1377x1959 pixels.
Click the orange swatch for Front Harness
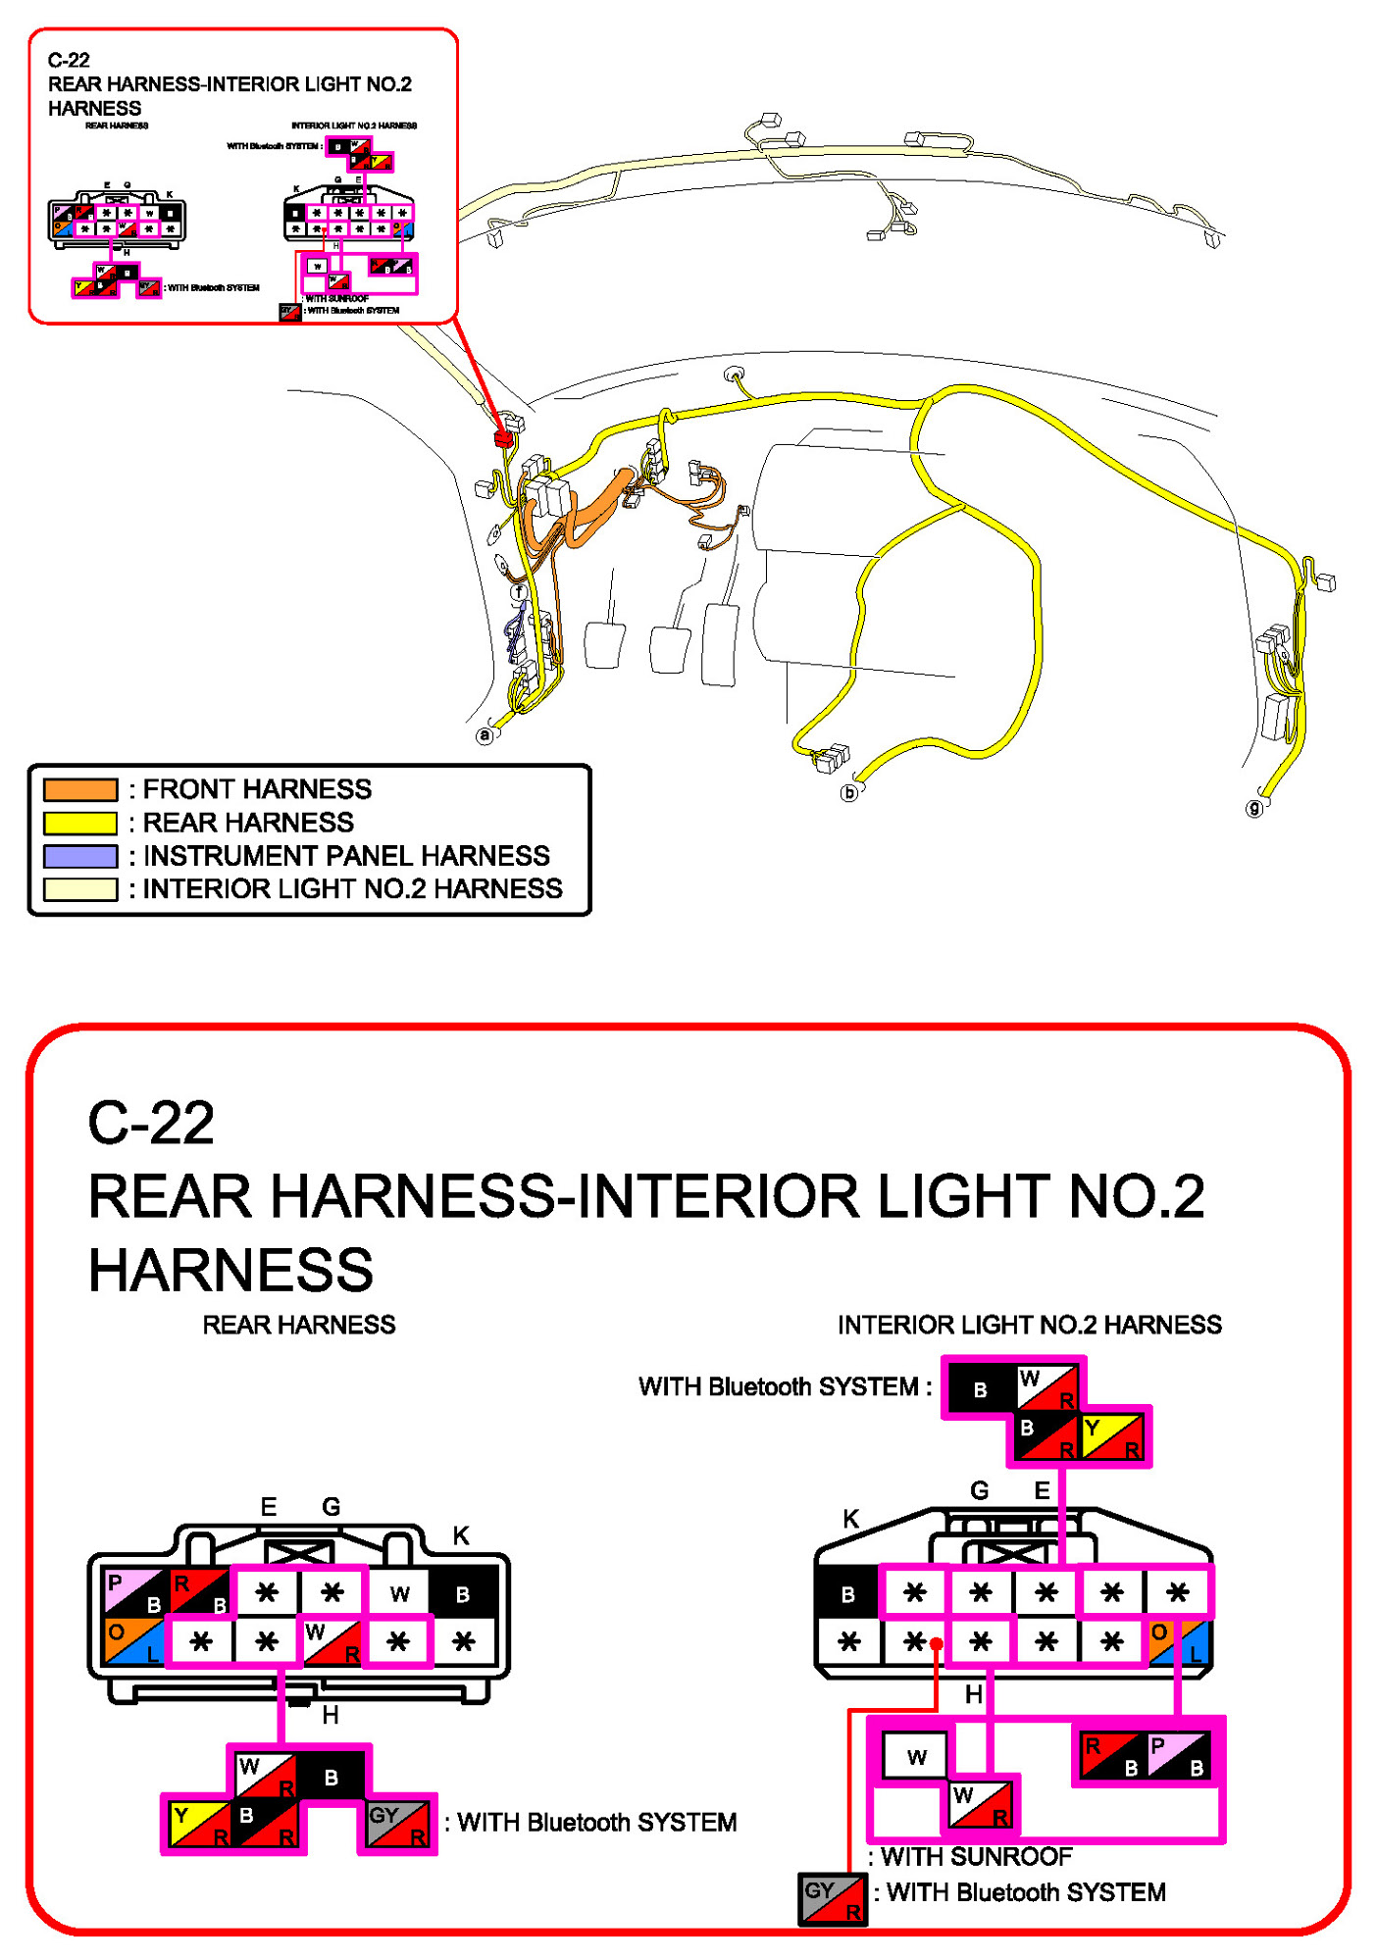coord(80,789)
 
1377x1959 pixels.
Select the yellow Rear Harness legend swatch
coord(80,823)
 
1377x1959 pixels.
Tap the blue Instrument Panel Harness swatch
coord(80,856)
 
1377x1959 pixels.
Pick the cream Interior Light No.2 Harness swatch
coord(80,889)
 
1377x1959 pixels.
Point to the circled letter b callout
coord(849,792)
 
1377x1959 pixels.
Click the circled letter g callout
coord(1253,808)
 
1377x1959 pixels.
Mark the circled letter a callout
coord(484,734)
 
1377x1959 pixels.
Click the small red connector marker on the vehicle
coord(503,437)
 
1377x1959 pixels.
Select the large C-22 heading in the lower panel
coord(151,1123)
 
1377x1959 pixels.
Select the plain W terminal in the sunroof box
coord(916,1756)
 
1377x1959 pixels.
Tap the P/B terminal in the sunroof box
coord(1178,1756)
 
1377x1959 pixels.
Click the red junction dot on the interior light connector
coord(937,1644)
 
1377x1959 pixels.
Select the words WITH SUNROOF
coord(976,1857)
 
